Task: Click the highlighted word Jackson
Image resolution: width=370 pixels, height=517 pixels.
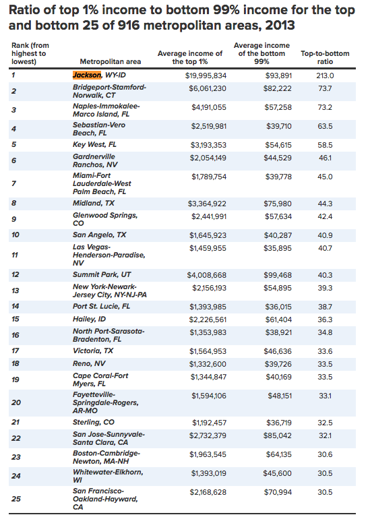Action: (x=87, y=75)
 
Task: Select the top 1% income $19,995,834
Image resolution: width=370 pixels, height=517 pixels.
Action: (x=206, y=76)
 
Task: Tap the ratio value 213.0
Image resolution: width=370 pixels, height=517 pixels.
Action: (x=325, y=76)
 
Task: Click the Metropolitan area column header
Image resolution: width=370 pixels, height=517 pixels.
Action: (x=110, y=61)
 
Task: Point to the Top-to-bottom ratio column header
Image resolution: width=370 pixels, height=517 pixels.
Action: (x=325, y=57)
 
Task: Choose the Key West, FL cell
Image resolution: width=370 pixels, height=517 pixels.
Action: (x=94, y=145)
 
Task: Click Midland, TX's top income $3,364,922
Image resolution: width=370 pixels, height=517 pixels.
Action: (x=207, y=204)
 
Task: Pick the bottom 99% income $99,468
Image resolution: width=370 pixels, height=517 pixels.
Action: (x=278, y=275)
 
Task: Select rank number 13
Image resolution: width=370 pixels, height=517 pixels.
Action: (x=16, y=291)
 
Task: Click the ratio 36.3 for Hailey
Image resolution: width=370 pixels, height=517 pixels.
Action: (x=325, y=320)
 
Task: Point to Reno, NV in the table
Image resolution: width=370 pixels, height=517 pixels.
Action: (x=89, y=364)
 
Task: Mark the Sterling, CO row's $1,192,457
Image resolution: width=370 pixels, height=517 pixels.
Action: (x=210, y=423)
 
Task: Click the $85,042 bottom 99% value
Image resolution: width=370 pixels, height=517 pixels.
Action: (x=278, y=436)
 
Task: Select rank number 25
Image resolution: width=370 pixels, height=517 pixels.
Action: (x=16, y=499)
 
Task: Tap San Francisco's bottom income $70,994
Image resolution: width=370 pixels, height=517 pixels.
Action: (x=278, y=493)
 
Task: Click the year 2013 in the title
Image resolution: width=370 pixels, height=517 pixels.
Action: (x=280, y=26)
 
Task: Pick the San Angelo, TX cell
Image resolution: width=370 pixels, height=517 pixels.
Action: (x=99, y=235)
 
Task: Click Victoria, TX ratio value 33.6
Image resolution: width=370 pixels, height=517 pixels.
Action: (x=325, y=351)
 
